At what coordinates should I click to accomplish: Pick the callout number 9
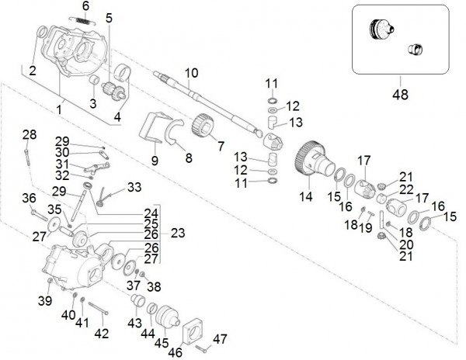pyautogui.click(x=155, y=161)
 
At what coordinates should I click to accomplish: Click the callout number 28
pyautogui.click(x=29, y=135)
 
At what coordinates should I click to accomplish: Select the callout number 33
pyautogui.click(x=134, y=187)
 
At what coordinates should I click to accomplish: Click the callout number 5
pyautogui.click(x=108, y=17)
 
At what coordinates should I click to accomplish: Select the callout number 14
pyautogui.click(x=306, y=197)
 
